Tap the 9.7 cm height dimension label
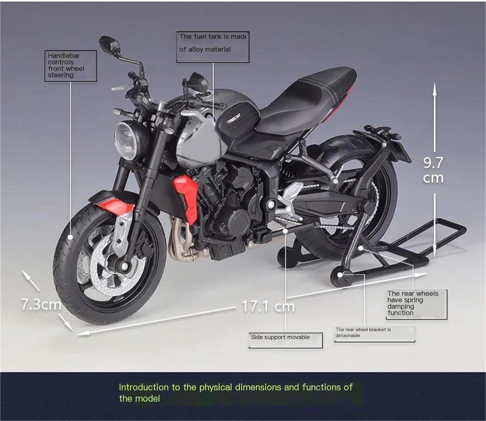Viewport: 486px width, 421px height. pyautogui.click(x=433, y=170)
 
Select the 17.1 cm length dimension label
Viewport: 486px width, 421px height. pyautogui.click(x=268, y=306)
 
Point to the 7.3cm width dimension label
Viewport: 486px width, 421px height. pyautogui.click(x=41, y=304)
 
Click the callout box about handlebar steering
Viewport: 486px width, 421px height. pyautogui.click(x=70, y=65)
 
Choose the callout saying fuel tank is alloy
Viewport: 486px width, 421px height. pyautogui.click(x=213, y=46)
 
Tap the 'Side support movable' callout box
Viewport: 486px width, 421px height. pyautogui.click(x=285, y=340)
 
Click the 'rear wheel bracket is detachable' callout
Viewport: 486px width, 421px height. pyautogui.click(x=375, y=333)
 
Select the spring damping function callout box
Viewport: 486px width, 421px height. pyautogui.click(x=416, y=304)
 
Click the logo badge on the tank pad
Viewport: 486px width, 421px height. pyautogui.click(x=234, y=120)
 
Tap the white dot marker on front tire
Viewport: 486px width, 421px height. pyautogui.click(x=70, y=237)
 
